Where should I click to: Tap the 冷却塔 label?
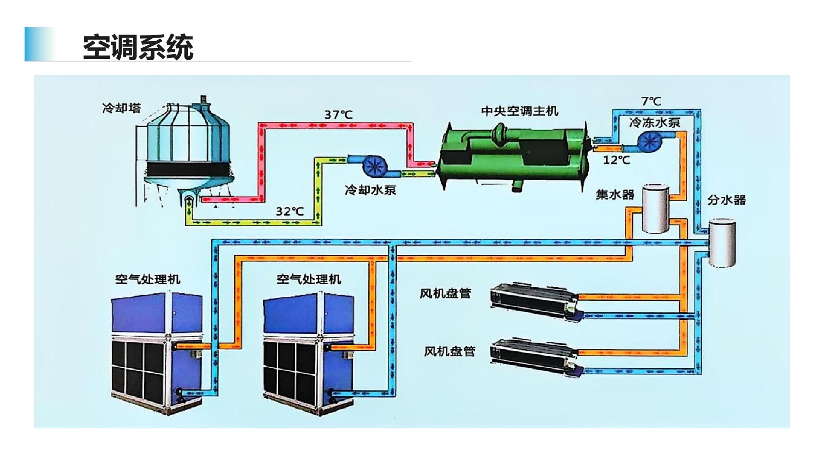(x=122, y=108)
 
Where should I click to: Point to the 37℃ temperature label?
(x=338, y=115)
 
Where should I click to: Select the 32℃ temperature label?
(x=290, y=211)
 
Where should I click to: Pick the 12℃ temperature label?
(x=616, y=160)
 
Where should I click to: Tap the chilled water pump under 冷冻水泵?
(x=650, y=141)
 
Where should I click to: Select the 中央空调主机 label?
(x=519, y=111)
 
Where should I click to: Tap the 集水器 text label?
(x=615, y=194)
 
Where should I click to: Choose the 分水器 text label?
(x=727, y=200)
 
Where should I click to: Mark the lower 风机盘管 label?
(x=449, y=351)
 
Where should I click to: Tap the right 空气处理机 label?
(x=309, y=279)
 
